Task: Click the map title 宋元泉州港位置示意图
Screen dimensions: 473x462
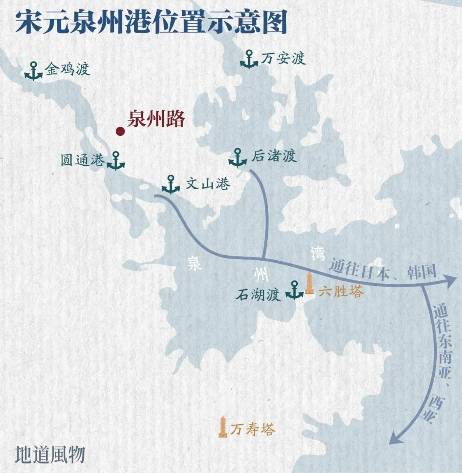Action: pos(151,22)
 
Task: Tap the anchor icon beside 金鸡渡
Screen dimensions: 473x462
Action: pos(33,71)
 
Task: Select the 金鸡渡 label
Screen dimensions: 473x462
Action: pos(68,69)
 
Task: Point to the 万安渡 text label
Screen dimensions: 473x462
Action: pos(283,58)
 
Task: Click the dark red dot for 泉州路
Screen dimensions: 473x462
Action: pos(120,131)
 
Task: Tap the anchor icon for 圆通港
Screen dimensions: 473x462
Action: pos(115,161)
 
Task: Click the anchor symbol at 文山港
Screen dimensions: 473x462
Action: pos(171,184)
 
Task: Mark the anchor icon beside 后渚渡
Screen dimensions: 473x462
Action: pos(237,158)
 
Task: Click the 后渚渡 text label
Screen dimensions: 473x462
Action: pos(274,156)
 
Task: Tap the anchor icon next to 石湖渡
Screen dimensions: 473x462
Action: pos(294,290)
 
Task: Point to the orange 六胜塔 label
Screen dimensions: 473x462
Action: pos(341,292)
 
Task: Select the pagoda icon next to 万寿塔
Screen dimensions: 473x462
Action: pos(223,427)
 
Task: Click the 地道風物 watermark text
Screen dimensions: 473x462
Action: pos(50,455)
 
